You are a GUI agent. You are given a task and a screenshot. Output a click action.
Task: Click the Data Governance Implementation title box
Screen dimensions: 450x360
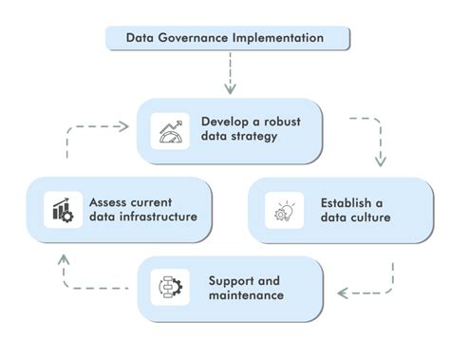225,39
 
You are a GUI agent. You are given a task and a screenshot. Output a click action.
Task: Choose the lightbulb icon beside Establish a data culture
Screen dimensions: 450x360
284,210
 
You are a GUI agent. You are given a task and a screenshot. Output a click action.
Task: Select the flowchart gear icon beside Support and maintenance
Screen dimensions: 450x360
172,285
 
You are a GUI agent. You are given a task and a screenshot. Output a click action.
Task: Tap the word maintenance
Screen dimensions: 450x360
246,295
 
